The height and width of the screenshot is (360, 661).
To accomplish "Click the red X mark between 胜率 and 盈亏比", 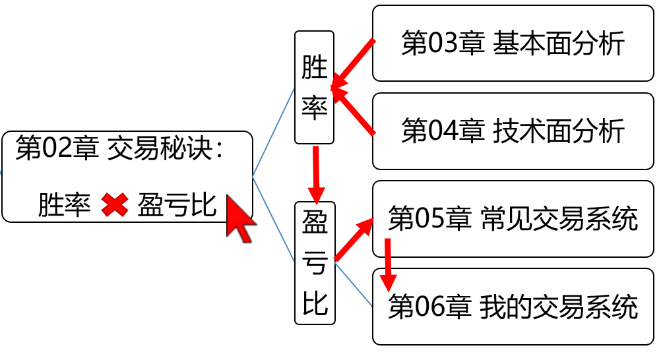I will (114, 206).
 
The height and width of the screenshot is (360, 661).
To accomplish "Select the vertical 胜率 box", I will (314, 87).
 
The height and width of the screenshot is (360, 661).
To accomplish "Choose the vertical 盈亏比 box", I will (315, 262).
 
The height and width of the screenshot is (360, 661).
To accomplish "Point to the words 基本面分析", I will (558, 44).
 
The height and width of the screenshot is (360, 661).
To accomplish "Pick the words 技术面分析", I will (558, 131).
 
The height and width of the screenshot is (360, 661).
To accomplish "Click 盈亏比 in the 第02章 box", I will (177, 206).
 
